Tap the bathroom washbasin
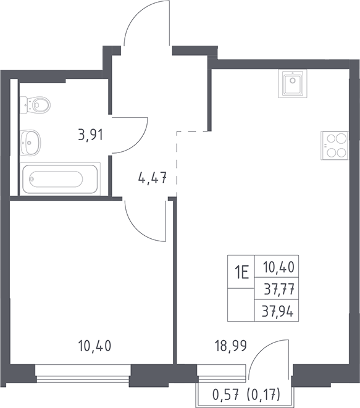tap(30, 143)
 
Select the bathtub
tap(60, 179)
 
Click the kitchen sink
tap(293, 83)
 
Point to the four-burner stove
tap(335, 145)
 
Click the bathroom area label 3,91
tap(91, 135)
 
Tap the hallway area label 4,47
tap(153, 178)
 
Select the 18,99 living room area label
tap(230, 346)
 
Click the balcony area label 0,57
tap(225, 396)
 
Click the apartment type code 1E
tap(241, 272)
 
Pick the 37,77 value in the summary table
tap(279, 289)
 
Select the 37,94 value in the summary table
tap(278, 311)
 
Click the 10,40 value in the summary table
tap(278, 267)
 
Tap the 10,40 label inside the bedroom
tap(94, 346)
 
